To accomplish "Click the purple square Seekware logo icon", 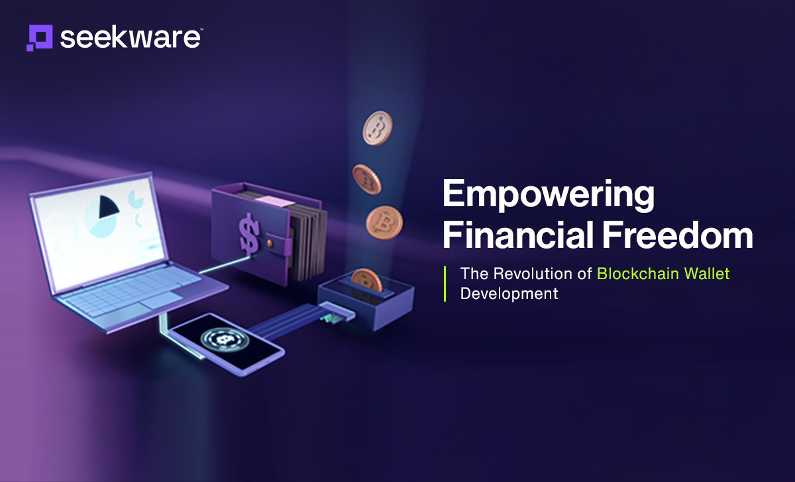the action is (x=39, y=38).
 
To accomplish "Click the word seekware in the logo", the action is (x=131, y=38).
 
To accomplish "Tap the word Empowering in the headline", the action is (x=549, y=196).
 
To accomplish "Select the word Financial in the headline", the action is (x=518, y=235).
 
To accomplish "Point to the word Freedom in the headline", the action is (x=678, y=235).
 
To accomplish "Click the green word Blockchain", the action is (x=638, y=274).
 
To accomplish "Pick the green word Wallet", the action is (x=707, y=274).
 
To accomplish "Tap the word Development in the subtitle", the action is (x=509, y=294).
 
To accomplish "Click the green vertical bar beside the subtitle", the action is (x=445, y=284).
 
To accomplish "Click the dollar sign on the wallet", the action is (x=250, y=234).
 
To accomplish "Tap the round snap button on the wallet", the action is (x=270, y=243).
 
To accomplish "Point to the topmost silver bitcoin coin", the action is (x=377, y=128).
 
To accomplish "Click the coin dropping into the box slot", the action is (x=366, y=280).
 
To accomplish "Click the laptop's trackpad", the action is (x=161, y=300).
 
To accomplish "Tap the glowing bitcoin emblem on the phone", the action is (x=225, y=339).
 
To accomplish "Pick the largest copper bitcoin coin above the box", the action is (x=384, y=223).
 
